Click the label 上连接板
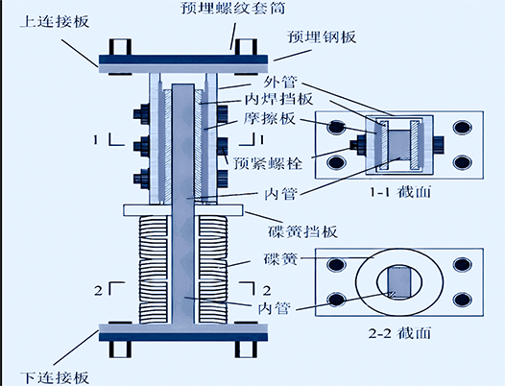[54, 22]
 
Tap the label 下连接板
[54, 377]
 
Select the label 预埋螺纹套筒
[233, 7]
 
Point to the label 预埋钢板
[322, 36]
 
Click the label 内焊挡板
[279, 99]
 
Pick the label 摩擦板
[269, 118]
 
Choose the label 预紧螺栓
[268, 163]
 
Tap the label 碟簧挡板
[302, 231]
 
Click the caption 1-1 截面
[400, 192]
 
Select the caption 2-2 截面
[399, 333]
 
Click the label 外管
[279, 82]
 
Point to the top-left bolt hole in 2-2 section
[336, 265]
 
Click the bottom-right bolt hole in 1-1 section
[463, 162]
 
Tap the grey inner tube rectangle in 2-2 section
[399, 282]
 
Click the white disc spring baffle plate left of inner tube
[147, 210]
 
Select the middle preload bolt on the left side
[142, 146]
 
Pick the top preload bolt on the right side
[223, 113]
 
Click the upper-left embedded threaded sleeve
[120, 47]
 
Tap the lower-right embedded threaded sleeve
[247, 350]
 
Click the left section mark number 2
[98, 291]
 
